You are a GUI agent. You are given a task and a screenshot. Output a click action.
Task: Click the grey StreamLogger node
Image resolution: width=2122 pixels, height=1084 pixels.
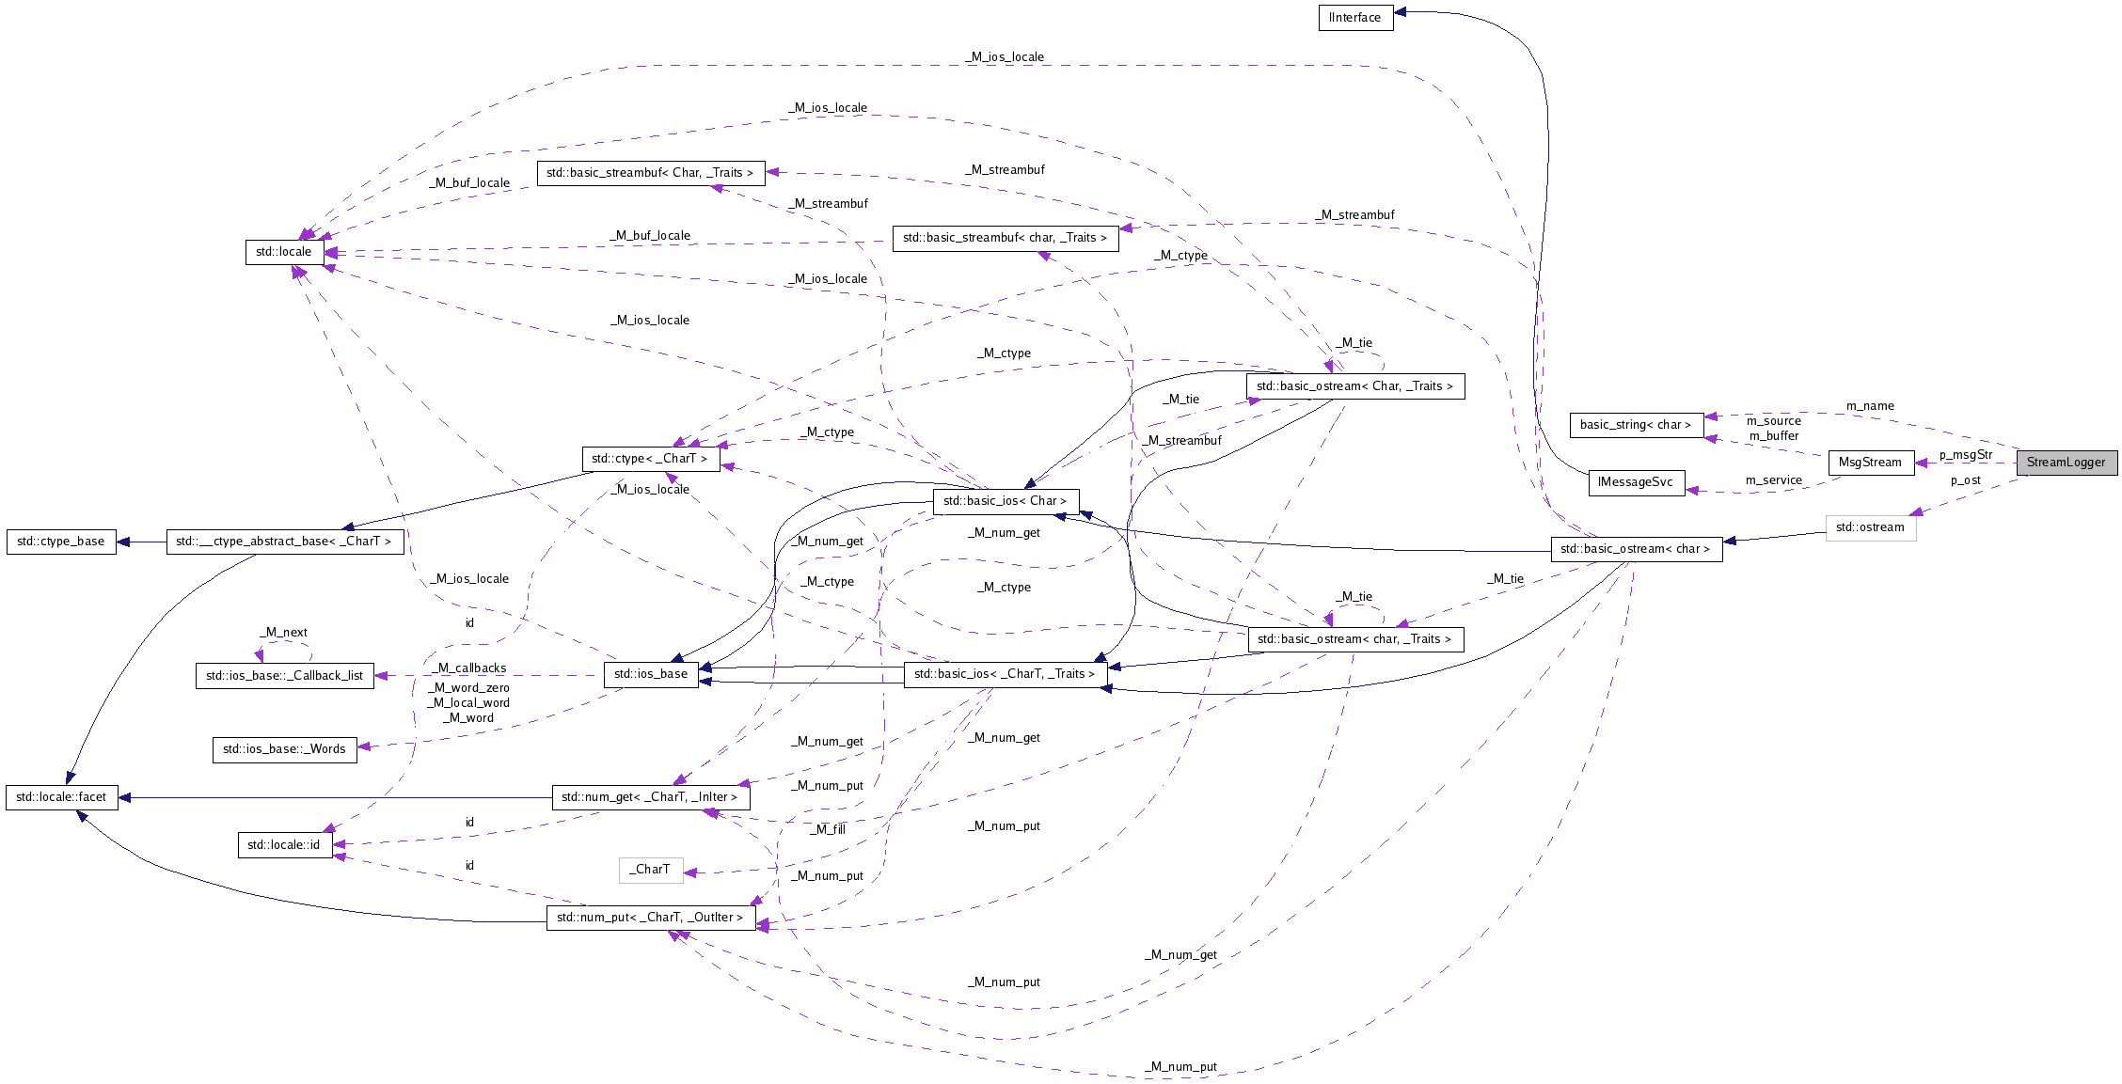pyautogui.click(x=2066, y=463)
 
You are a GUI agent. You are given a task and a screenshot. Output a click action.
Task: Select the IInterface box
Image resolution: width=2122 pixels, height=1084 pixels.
pyautogui.click(x=1354, y=18)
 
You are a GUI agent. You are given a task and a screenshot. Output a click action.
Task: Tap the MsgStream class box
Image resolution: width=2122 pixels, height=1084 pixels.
pyautogui.click(x=1869, y=463)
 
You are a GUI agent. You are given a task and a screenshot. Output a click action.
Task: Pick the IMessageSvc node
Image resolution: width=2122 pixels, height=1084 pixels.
pyautogui.click(x=1636, y=482)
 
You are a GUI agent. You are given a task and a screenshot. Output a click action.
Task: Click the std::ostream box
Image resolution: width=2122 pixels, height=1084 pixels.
pyautogui.click(x=1869, y=527)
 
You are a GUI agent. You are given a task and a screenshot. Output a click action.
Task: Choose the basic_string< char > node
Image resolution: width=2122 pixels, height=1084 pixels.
pyautogui.click(x=1636, y=425)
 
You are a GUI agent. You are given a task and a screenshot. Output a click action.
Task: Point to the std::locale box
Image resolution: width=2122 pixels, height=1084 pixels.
pyautogui.click(x=283, y=252)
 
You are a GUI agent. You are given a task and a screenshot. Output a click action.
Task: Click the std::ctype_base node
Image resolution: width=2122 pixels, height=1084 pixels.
pyautogui.click(x=61, y=542)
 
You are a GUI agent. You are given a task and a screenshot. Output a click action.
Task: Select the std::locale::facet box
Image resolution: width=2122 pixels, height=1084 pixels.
pyautogui.click(x=61, y=797)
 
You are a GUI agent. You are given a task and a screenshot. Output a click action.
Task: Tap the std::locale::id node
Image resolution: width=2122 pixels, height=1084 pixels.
pyautogui.click(x=283, y=845)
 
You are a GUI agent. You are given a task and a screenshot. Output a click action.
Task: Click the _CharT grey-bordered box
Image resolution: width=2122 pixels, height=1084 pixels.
pyautogui.click(x=650, y=870)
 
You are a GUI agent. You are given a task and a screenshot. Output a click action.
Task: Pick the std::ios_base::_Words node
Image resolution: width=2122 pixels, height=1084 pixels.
pyautogui.click(x=284, y=749)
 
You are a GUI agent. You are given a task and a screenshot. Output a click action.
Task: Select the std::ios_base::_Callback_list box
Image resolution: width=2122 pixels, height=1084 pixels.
pyautogui.click(x=284, y=676)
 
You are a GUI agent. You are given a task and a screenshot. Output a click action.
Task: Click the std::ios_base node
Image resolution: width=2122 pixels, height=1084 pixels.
pyautogui.click(x=650, y=674)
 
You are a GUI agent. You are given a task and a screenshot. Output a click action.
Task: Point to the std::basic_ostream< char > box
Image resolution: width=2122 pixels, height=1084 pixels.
pyautogui.click(x=1636, y=549)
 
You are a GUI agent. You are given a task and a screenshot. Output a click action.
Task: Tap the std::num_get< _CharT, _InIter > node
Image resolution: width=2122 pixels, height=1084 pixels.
pyautogui.click(x=650, y=797)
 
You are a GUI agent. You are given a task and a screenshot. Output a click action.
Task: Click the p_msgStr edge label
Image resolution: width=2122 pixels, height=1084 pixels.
pyautogui.click(x=1965, y=455)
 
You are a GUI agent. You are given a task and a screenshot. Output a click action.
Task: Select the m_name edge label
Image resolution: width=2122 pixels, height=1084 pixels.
pyautogui.click(x=1870, y=406)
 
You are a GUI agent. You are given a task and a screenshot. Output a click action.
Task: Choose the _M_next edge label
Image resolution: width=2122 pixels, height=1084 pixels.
pyautogui.click(x=283, y=633)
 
